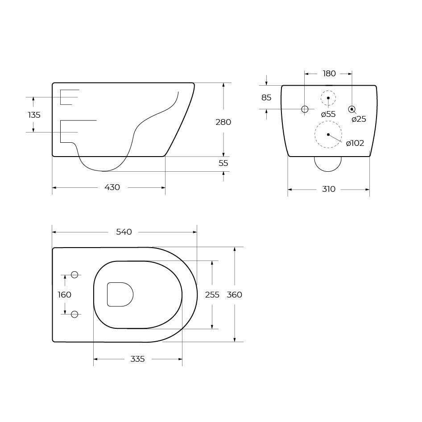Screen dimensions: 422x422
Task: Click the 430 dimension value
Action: (x=112, y=187)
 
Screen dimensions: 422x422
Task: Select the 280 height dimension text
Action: (x=223, y=122)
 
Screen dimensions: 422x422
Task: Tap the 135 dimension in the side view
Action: (x=34, y=115)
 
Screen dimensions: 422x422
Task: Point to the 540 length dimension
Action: (x=124, y=232)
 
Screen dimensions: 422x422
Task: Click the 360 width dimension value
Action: (x=235, y=294)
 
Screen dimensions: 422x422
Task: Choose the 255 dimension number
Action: (x=212, y=294)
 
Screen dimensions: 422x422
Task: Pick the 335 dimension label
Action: (x=137, y=359)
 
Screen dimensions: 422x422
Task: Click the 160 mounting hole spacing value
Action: (x=65, y=294)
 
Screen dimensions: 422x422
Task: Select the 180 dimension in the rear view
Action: (x=329, y=74)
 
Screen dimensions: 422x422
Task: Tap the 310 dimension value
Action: (x=329, y=189)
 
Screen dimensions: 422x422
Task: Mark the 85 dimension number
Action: (x=266, y=97)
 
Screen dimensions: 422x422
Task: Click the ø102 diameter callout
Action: (x=355, y=143)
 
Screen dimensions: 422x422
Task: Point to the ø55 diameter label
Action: (x=328, y=114)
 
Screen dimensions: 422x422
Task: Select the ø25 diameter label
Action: (x=359, y=119)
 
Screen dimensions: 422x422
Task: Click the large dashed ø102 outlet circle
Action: (x=328, y=134)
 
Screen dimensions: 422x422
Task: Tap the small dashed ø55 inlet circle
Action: (x=328, y=98)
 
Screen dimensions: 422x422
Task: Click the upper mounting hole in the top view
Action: (x=74, y=275)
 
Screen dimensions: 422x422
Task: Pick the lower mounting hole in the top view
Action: (x=74, y=314)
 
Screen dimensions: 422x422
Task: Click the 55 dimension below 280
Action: (x=223, y=163)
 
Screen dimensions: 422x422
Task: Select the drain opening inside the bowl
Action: (x=120, y=294)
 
